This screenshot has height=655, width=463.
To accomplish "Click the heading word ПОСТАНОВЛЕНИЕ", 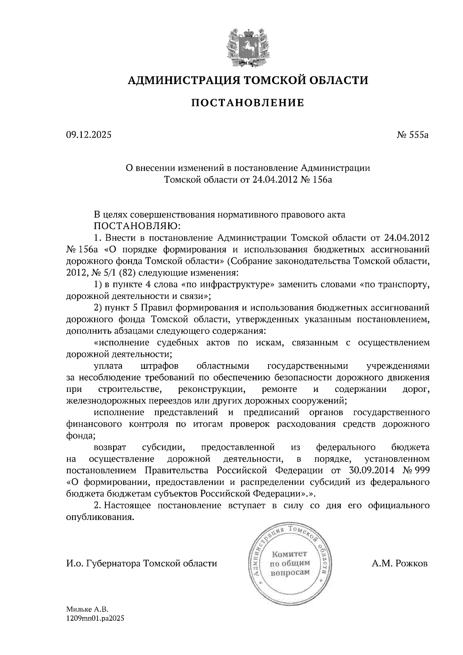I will click(248, 103).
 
